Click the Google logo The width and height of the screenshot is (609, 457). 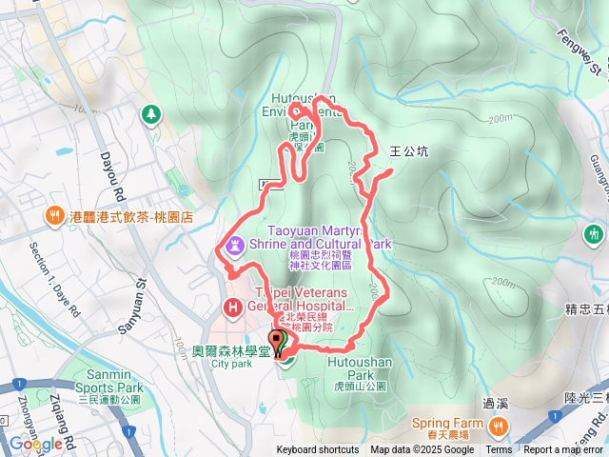(36, 444)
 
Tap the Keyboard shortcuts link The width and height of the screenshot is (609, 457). (318, 450)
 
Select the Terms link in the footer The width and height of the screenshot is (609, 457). (499, 450)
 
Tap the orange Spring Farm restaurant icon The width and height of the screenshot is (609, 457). (498, 424)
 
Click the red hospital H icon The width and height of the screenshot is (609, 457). (232, 308)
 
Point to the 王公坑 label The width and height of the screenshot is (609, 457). (409, 150)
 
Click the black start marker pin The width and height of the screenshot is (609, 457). (279, 342)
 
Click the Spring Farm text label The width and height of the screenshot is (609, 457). (443, 422)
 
